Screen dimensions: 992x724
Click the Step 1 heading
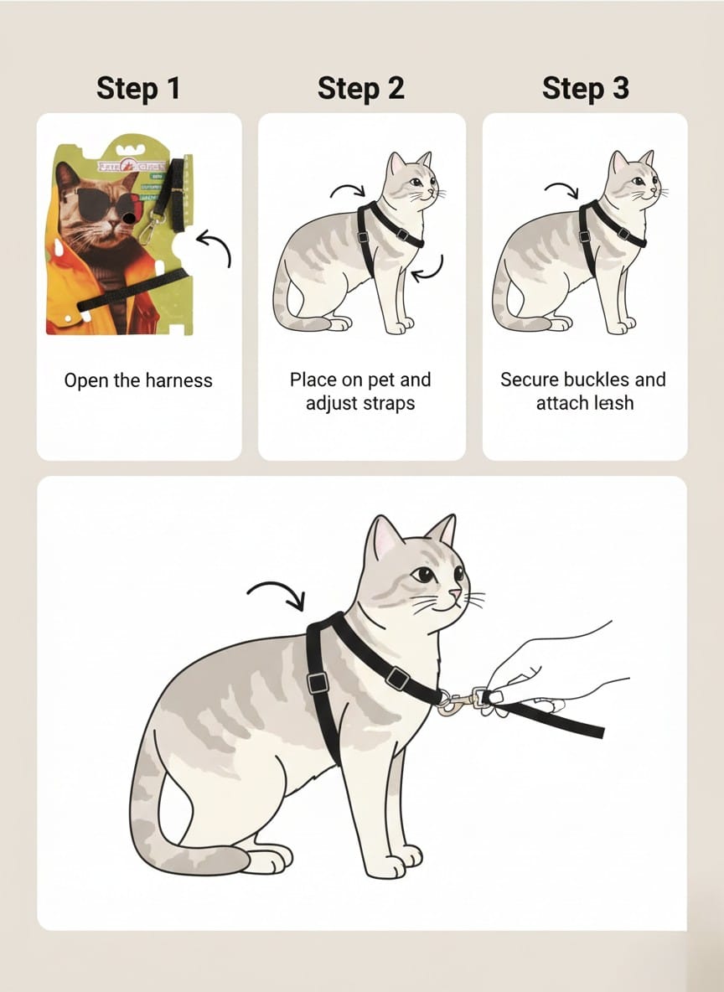pos(138,87)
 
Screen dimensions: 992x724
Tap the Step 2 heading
pos(360,87)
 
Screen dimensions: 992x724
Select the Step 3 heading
pos(585,87)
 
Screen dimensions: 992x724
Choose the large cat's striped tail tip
pos(220,860)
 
